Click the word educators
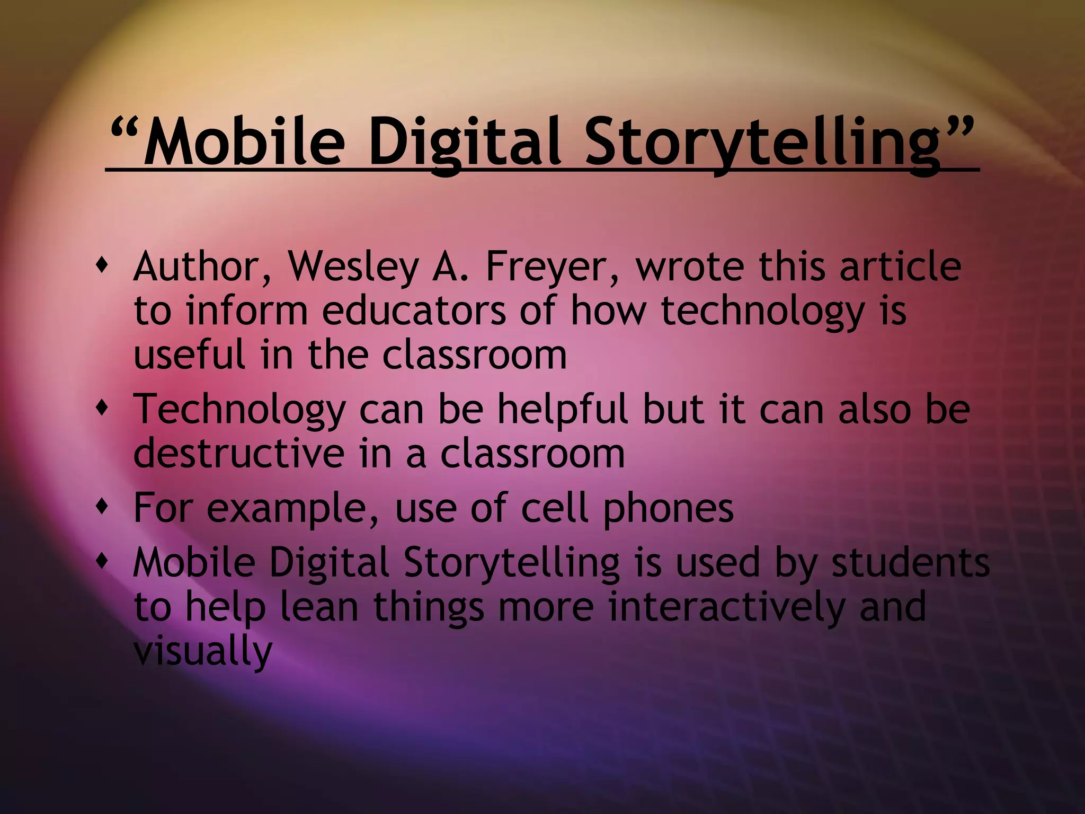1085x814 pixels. tap(414, 311)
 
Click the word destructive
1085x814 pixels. tap(238, 454)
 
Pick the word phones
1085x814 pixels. tap(668, 508)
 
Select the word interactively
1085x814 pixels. tap(726, 607)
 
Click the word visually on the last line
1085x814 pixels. tap(202, 651)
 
